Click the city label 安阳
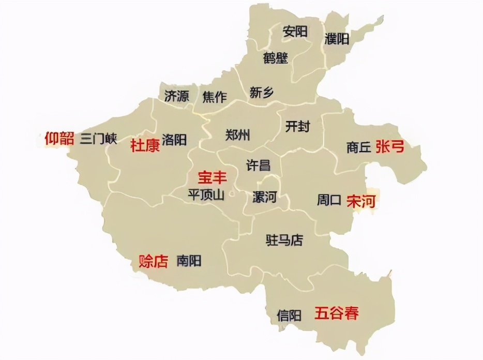tap(295, 32)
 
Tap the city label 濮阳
tap(337, 38)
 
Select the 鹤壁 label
tap(275, 57)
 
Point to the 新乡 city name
tap(261, 93)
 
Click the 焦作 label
tap(214, 96)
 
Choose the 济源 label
tap(176, 96)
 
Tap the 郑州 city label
tap(238, 135)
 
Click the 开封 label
tap(297, 126)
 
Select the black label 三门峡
tap(98, 139)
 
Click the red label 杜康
tap(145, 145)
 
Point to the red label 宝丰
tap(212, 177)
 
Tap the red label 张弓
tap(390, 147)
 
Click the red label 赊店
tap(154, 261)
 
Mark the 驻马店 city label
tap(284, 240)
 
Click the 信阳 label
tap(289, 315)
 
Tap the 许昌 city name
tap(258, 165)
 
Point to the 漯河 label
tap(264, 197)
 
